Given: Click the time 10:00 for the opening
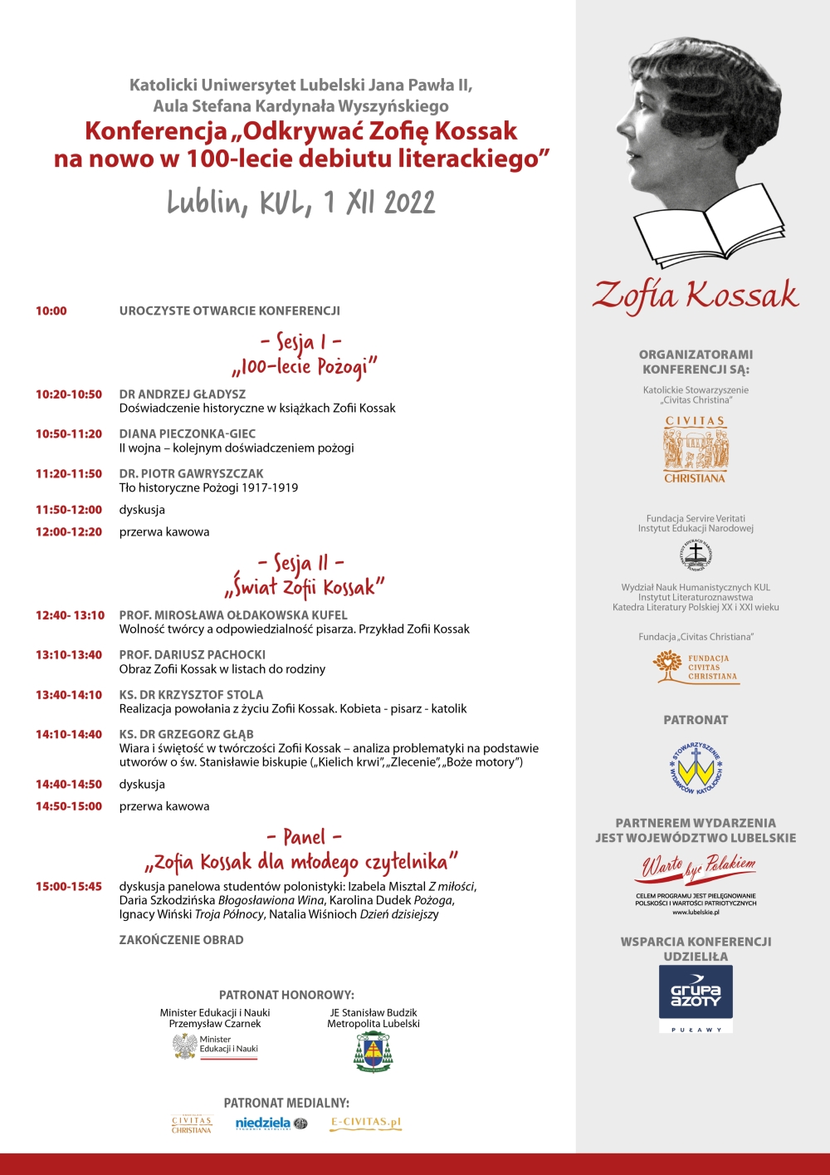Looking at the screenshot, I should [51, 311].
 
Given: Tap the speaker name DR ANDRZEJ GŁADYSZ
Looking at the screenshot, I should [182, 394].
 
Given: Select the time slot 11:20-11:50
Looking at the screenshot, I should [68, 473].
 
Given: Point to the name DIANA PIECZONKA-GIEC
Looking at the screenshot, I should [187, 433].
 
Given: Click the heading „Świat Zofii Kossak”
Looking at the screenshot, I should [305, 588].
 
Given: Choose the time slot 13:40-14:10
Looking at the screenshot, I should [68, 694].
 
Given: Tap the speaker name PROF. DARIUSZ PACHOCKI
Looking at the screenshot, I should [192, 654].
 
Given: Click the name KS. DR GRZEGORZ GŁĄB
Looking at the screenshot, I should [186, 734].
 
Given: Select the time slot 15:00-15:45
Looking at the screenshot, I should [68, 886].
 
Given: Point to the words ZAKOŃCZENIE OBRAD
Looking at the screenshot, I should [181, 940].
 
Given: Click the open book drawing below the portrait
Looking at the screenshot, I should [708, 225].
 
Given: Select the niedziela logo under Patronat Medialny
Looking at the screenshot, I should [271, 1124].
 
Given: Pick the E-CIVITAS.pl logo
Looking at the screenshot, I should [365, 1123].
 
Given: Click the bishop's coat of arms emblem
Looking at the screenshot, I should [373, 1052].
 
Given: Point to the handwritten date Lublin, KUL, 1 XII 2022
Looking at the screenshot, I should [300, 203].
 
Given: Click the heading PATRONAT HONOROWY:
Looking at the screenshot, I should [286, 995].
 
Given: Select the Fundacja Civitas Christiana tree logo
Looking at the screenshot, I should [696, 666].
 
